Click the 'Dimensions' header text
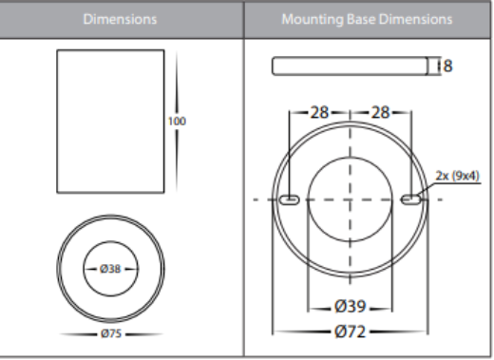[121, 19]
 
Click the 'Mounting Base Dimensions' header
[367, 19]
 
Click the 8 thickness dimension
[447, 66]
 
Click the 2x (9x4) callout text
[458, 175]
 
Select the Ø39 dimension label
[351, 307]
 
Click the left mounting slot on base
[289, 199]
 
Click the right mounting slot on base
[411, 199]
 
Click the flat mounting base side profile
[350, 66]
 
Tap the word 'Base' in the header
[360, 19]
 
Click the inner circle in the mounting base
[351, 180]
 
